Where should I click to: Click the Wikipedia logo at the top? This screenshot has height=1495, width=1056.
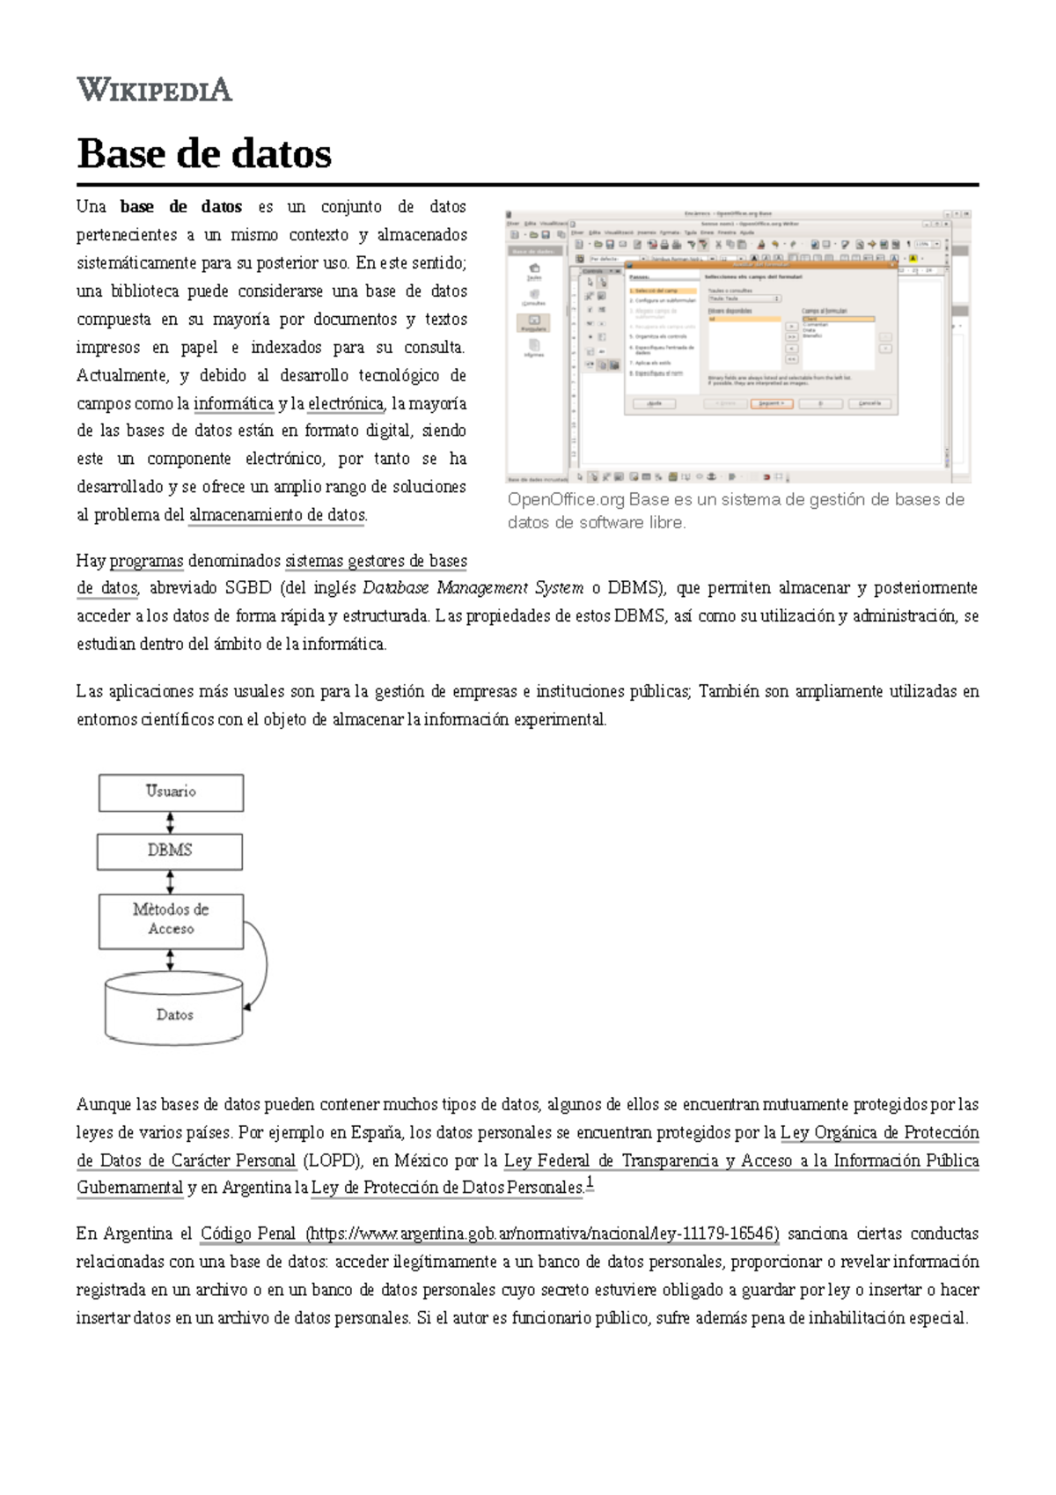click(154, 90)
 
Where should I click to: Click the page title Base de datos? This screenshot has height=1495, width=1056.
click(204, 154)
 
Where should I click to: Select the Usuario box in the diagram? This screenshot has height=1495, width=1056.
click(171, 792)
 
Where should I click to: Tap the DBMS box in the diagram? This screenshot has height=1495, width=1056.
click(170, 851)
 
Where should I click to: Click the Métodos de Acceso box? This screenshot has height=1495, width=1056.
click(171, 920)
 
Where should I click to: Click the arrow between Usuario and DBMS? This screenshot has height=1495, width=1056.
click(170, 822)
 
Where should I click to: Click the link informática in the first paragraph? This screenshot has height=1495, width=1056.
click(233, 404)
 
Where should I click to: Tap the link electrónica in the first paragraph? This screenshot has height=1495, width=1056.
click(346, 404)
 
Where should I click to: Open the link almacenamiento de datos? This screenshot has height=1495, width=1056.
click(276, 516)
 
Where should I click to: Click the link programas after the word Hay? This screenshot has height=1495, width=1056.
click(146, 562)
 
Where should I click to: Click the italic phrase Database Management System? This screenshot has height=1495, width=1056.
click(473, 588)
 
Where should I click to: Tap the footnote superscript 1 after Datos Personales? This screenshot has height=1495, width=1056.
click(590, 1183)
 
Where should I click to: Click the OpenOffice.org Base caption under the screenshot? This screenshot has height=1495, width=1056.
click(736, 511)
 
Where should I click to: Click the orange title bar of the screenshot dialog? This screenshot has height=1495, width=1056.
click(760, 264)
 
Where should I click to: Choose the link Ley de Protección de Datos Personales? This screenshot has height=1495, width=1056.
click(447, 1189)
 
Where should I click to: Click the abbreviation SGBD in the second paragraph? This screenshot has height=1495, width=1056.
click(247, 588)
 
